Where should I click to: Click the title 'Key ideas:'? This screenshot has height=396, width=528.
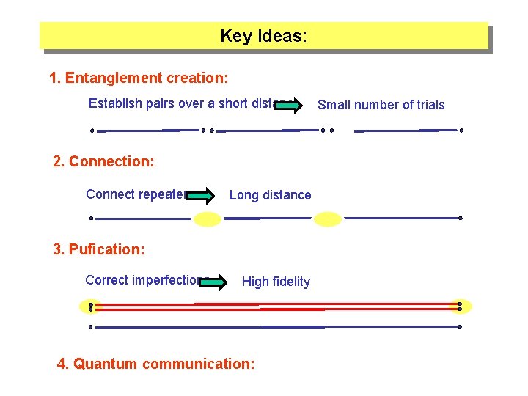[264, 36]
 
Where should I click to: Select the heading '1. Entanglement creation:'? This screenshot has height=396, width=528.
[139, 77]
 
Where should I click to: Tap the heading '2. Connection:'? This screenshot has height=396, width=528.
[103, 161]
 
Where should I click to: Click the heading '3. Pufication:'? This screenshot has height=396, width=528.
[99, 249]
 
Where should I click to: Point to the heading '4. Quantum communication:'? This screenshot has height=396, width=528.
[156, 364]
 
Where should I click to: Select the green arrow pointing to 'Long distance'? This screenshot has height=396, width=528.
[200, 195]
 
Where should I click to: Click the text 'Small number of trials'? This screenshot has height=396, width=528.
[381, 105]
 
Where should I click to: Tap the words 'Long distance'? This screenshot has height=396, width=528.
[270, 195]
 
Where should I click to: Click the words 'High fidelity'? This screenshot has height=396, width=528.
[276, 282]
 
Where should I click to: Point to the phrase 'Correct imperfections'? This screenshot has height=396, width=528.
[144, 280]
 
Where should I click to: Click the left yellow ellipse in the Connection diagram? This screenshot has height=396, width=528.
[208, 219]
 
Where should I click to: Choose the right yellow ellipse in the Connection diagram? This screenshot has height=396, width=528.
[328, 219]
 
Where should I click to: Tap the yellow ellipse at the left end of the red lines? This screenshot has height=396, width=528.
[90, 307]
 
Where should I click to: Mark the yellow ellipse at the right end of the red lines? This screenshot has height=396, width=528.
[461, 307]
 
